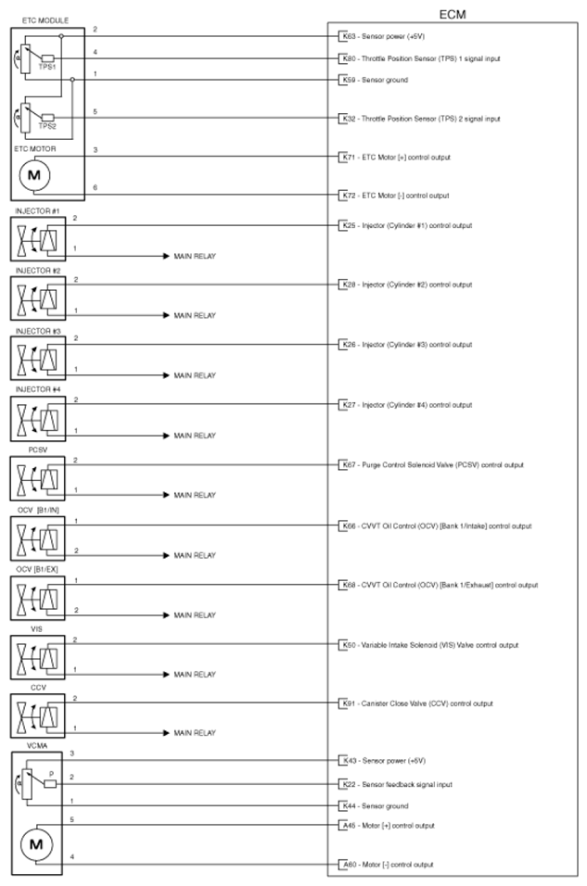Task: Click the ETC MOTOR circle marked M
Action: coord(34,174)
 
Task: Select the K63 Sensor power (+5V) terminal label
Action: coord(383,37)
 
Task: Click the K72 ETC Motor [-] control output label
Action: coord(394,196)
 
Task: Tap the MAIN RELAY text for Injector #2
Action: coord(195,315)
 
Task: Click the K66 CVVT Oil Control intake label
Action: coord(436,525)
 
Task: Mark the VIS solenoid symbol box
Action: coord(37,659)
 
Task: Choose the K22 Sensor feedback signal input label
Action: coord(396,784)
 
